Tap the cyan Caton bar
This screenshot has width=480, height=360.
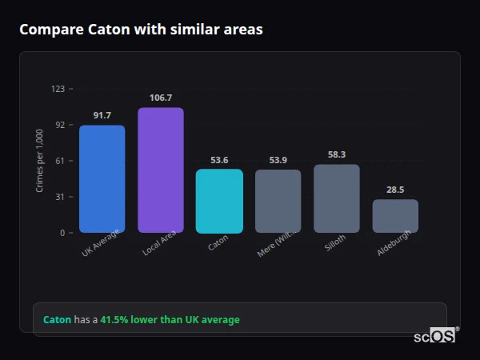tap(219, 201)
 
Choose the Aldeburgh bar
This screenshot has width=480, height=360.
tap(395, 216)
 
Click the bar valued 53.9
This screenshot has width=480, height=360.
tap(278, 201)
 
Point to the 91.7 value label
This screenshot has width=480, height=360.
tap(102, 116)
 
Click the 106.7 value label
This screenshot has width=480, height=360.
tap(161, 98)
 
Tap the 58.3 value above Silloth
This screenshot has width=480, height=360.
tap(337, 154)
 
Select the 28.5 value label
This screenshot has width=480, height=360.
tap(395, 190)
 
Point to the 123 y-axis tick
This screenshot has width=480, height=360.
tap(58, 89)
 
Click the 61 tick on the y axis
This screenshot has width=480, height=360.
tap(59, 161)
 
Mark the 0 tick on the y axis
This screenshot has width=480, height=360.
tap(62, 233)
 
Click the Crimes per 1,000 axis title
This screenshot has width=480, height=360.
tap(40, 161)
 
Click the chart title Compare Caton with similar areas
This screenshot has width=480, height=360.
tap(141, 30)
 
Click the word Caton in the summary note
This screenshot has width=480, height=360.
tap(57, 320)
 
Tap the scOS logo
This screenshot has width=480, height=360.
tap(434, 336)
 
